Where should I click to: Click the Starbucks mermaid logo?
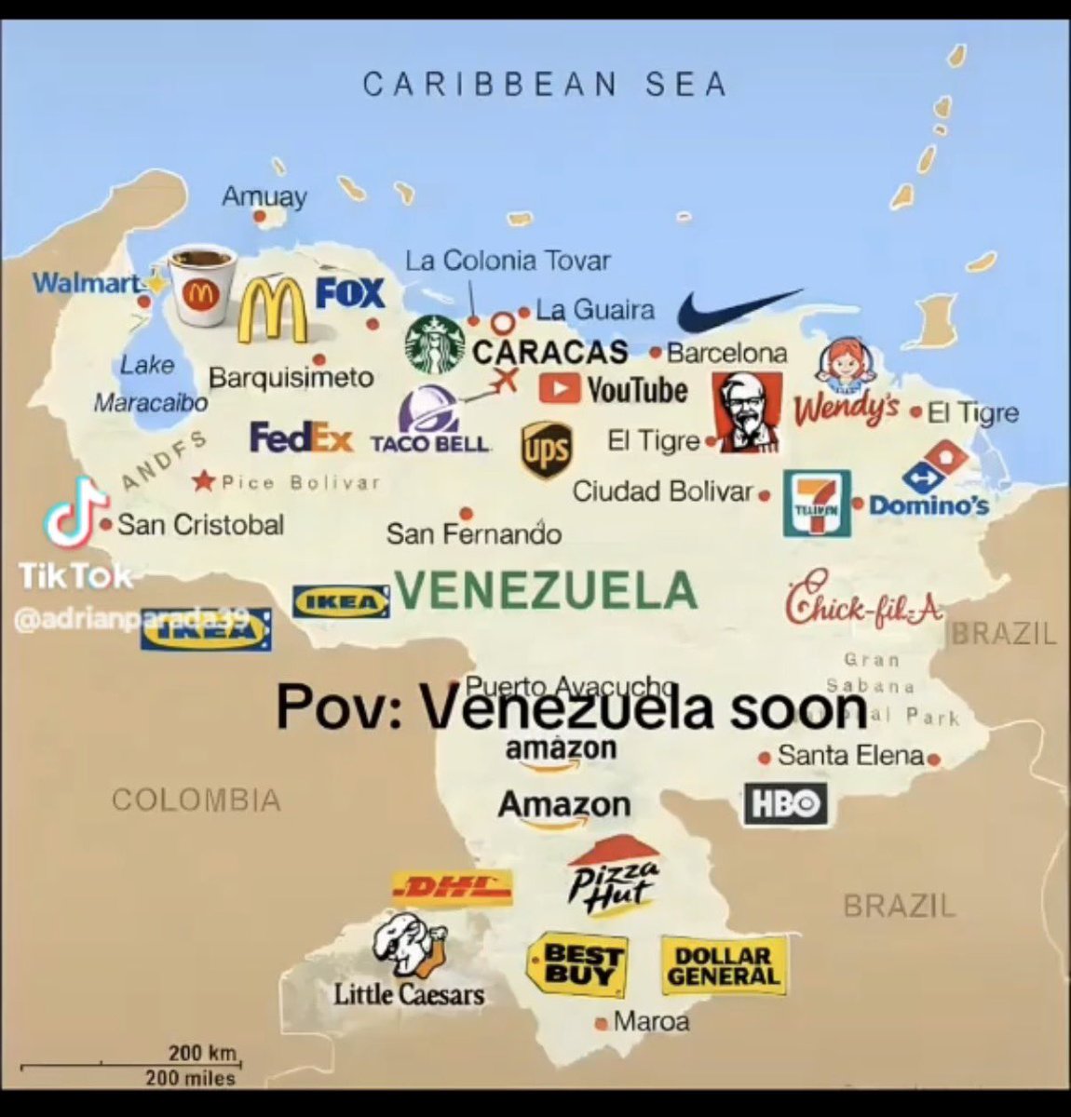tap(435, 343)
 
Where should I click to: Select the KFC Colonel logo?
tap(747, 413)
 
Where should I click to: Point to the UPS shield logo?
tap(545, 451)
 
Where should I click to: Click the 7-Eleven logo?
tap(817, 504)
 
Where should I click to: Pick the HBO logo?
tap(785, 803)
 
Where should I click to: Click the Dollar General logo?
tap(723, 965)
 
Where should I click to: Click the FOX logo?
tap(350, 293)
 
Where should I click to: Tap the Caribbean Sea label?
tap(544, 85)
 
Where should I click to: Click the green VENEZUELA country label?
tap(546, 589)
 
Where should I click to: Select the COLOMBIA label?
tap(196, 800)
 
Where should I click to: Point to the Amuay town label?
tap(264, 196)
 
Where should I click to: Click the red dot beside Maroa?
tap(601, 1023)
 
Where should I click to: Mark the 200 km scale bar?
tap(130, 1063)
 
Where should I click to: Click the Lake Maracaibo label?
tap(149, 383)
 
